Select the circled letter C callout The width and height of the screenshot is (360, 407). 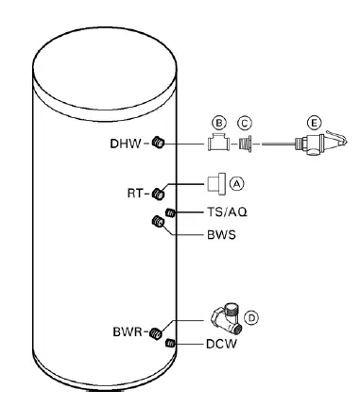point(246,122)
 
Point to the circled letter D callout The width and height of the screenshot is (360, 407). point(251,317)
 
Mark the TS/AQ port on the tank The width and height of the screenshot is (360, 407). point(171,213)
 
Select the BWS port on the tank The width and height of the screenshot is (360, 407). point(159,223)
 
